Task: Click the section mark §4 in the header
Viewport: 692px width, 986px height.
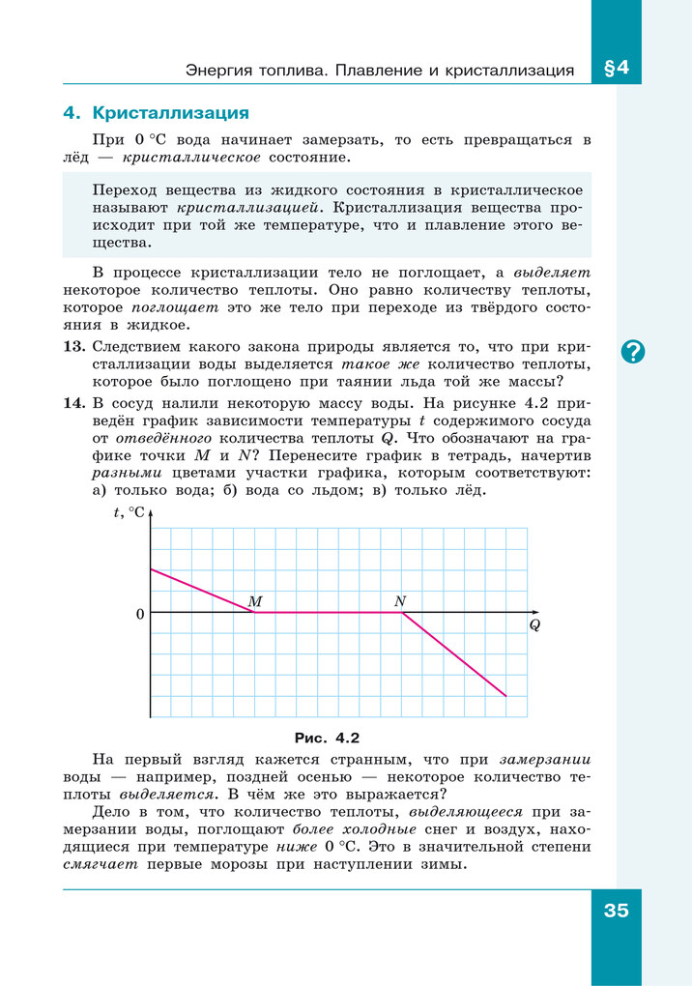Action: (615, 69)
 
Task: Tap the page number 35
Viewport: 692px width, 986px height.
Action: (616, 910)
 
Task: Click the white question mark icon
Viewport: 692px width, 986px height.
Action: (633, 352)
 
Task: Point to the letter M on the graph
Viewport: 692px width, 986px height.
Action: (255, 601)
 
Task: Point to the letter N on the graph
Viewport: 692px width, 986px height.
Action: (400, 601)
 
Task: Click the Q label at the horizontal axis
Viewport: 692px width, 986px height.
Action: (534, 625)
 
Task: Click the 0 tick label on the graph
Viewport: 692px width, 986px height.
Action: (140, 614)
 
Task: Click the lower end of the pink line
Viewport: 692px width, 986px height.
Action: (505, 695)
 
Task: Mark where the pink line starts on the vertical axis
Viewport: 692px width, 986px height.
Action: (151, 569)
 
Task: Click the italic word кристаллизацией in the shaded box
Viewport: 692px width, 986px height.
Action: (243, 207)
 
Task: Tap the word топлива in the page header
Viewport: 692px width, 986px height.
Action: (282, 71)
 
